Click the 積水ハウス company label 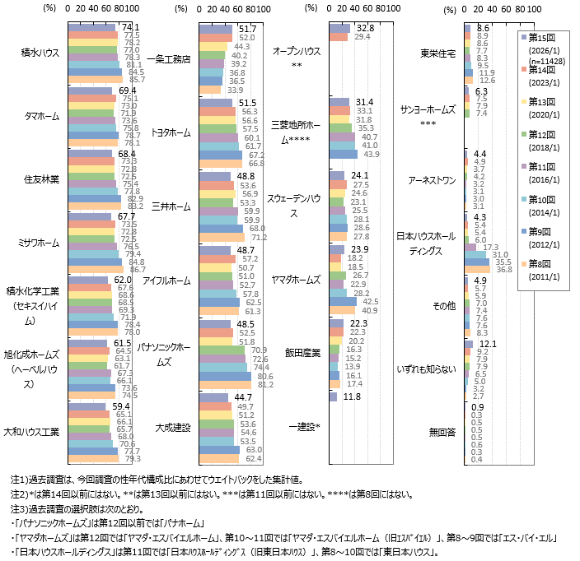point(39,53)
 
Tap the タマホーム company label point(40,116)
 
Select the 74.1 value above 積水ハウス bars point(130,26)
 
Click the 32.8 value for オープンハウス point(366,27)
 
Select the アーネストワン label point(434,179)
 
